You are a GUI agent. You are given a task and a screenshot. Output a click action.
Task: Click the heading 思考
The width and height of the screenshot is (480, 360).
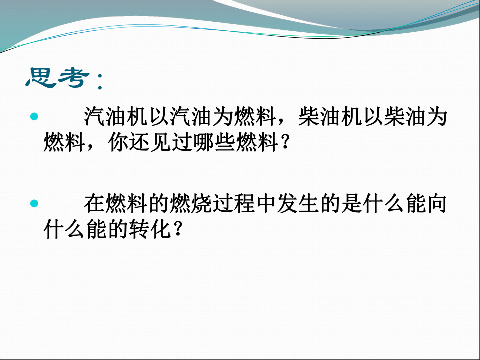[x=58, y=78]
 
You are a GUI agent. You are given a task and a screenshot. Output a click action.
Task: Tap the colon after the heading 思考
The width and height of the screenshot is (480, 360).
[x=100, y=81]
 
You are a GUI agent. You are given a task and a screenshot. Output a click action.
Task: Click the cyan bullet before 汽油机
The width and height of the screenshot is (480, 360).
[x=34, y=116]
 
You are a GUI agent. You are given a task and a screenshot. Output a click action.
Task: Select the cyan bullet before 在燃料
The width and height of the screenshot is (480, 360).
[x=34, y=203]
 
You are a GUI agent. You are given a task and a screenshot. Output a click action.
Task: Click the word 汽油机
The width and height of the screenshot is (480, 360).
[x=116, y=116]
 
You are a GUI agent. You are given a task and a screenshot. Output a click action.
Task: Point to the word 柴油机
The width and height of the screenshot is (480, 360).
[x=330, y=116]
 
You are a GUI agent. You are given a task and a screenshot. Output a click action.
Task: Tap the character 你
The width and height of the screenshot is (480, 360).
[x=118, y=142]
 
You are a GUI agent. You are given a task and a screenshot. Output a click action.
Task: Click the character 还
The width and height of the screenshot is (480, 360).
[x=140, y=142]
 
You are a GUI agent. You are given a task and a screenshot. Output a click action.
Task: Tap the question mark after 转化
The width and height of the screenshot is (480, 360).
[x=178, y=229]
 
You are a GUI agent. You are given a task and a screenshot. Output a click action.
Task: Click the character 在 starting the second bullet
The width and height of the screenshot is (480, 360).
[x=94, y=203]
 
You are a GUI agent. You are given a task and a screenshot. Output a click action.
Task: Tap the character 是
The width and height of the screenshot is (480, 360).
[x=351, y=203]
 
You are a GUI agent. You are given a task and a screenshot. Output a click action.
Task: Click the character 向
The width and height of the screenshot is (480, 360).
[x=437, y=203]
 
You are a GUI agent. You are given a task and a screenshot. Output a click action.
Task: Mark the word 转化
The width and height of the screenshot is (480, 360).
[x=150, y=229]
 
